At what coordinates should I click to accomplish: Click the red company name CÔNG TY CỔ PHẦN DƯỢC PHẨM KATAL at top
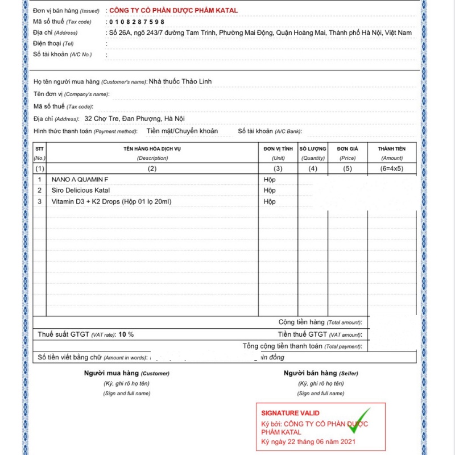(173, 10)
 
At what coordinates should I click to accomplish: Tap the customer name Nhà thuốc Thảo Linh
(180, 81)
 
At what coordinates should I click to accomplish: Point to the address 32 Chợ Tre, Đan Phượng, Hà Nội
(134, 119)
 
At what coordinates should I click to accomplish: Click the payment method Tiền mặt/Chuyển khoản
(182, 131)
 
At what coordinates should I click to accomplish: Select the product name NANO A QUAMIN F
(80, 180)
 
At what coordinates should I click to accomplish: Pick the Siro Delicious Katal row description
(81, 191)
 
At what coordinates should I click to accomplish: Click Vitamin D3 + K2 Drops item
(111, 201)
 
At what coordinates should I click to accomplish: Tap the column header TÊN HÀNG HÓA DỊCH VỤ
(152, 149)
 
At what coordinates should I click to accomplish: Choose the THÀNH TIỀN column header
(392, 149)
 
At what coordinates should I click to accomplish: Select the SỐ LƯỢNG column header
(313, 149)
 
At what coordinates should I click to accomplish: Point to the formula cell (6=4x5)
(392, 168)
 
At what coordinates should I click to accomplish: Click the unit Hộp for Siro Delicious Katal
(270, 191)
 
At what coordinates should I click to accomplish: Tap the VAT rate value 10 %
(126, 334)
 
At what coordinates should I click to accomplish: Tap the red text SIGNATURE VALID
(290, 413)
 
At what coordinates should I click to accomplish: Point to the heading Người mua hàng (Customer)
(127, 373)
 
